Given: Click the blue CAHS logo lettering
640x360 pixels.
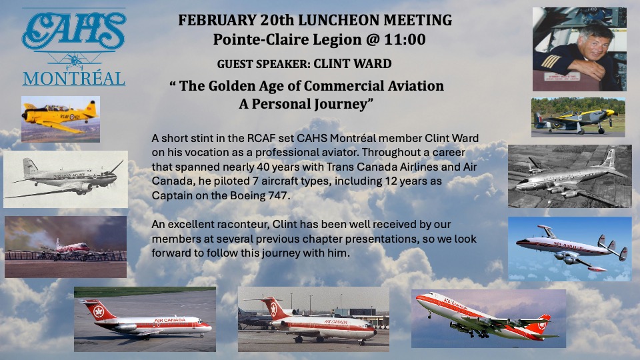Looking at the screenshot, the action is tap(74, 30).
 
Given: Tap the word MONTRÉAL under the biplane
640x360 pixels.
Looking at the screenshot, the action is tap(74, 79).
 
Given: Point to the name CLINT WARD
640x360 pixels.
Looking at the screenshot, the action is tap(353, 64).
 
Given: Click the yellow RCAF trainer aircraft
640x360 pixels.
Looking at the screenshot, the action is tap(61, 116).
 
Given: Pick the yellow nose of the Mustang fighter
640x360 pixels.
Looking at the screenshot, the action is tap(610, 112).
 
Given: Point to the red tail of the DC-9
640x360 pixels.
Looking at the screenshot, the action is tap(97, 310).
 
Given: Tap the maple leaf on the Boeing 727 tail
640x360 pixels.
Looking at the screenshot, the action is tap(274, 310).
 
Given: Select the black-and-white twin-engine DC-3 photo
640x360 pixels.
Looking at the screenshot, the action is tap(66, 179).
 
